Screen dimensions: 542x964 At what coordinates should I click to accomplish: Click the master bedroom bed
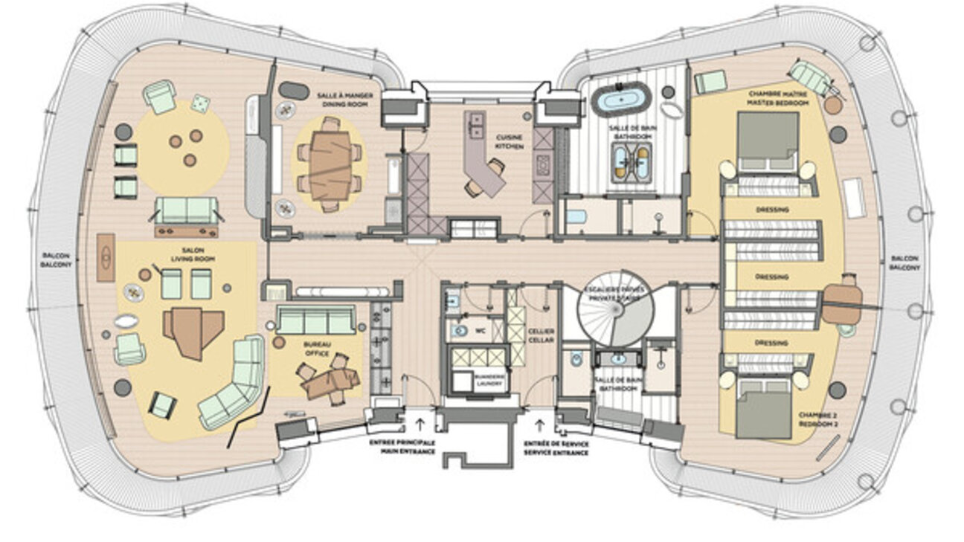pos(767,142)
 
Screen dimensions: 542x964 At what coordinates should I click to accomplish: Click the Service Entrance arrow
pos(539,426)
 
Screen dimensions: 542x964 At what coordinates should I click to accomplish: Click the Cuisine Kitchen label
pos(510,142)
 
